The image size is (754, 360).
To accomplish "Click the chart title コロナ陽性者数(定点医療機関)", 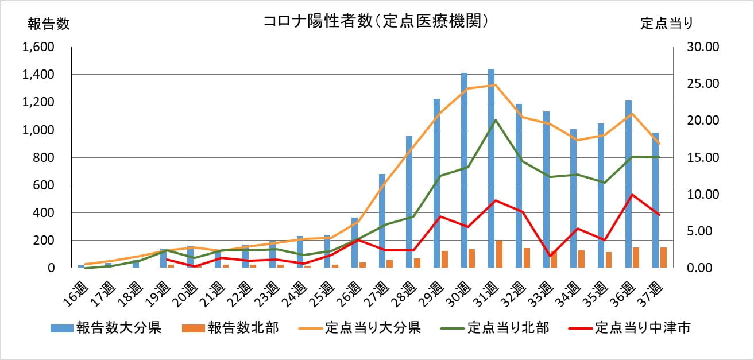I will pyautogui.click(x=376, y=21).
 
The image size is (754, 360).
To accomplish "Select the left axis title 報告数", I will pyautogui.click(x=48, y=24).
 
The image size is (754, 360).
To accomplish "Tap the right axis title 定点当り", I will pyautogui.click(x=667, y=24).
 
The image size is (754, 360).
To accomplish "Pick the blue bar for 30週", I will pyautogui.click(x=464, y=172).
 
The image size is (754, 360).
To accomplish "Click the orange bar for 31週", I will pyautogui.click(x=500, y=254).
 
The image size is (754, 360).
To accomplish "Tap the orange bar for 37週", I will pyautogui.click(x=664, y=257).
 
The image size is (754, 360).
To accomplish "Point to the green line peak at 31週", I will pyautogui.click(x=495, y=120).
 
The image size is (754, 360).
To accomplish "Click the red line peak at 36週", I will pyautogui.click(x=632, y=195).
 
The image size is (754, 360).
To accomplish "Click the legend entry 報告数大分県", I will pyautogui.click(x=106, y=328).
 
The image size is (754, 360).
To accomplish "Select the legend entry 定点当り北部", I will pyautogui.click(x=496, y=328).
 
